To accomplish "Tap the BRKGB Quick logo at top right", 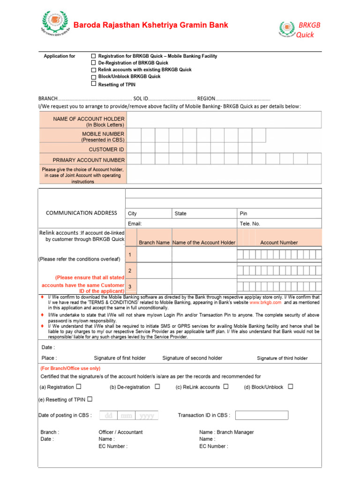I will click(287, 30).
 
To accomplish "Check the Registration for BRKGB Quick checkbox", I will click(93, 56).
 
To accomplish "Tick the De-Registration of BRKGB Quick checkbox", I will click(93, 62).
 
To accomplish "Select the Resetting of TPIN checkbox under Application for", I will click(93, 84).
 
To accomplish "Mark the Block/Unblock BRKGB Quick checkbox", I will click(93, 76).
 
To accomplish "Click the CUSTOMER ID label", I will click(106, 150).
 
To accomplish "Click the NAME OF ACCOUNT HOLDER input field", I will click(224, 120).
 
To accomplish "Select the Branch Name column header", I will click(154, 242).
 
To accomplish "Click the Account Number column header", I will click(279, 242).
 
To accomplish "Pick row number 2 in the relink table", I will click(130, 271).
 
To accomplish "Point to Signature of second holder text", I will click(192, 358).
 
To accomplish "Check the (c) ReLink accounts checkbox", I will click(226, 387).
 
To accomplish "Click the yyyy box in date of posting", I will click(147, 415).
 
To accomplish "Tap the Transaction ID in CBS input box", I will click(262, 415).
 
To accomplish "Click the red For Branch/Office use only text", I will click(70, 368).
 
